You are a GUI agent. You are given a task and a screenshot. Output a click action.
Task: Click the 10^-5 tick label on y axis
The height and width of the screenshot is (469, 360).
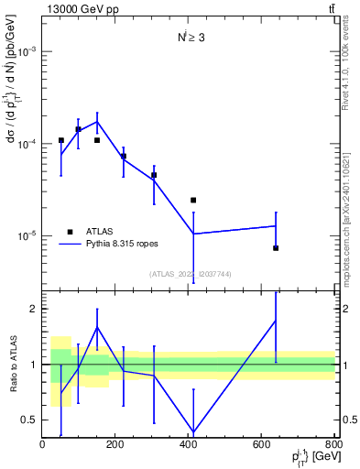(26, 236)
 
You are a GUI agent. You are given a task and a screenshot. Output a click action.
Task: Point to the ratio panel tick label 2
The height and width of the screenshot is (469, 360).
(33, 309)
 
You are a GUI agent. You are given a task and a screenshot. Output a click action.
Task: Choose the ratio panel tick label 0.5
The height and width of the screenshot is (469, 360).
(29, 420)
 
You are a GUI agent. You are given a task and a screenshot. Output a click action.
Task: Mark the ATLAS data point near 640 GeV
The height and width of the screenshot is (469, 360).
(276, 248)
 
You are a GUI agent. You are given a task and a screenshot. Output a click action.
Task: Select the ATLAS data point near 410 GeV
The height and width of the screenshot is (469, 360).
(193, 200)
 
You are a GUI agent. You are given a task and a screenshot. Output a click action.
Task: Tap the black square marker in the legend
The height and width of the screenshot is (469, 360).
(70, 233)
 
